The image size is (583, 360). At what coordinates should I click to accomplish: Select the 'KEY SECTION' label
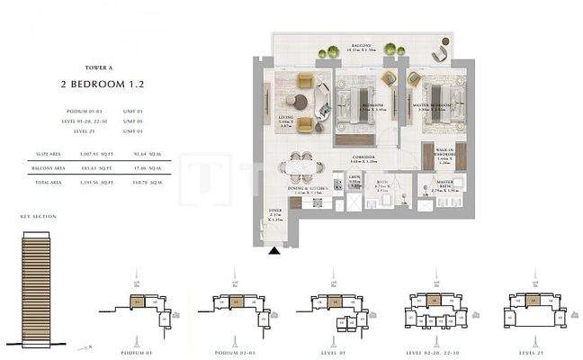[37, 217]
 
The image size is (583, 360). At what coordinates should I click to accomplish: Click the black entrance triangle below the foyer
[274, 255]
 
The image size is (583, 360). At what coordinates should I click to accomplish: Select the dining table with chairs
[299, 167]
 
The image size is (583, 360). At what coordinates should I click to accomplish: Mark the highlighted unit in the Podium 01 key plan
[137, 302]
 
